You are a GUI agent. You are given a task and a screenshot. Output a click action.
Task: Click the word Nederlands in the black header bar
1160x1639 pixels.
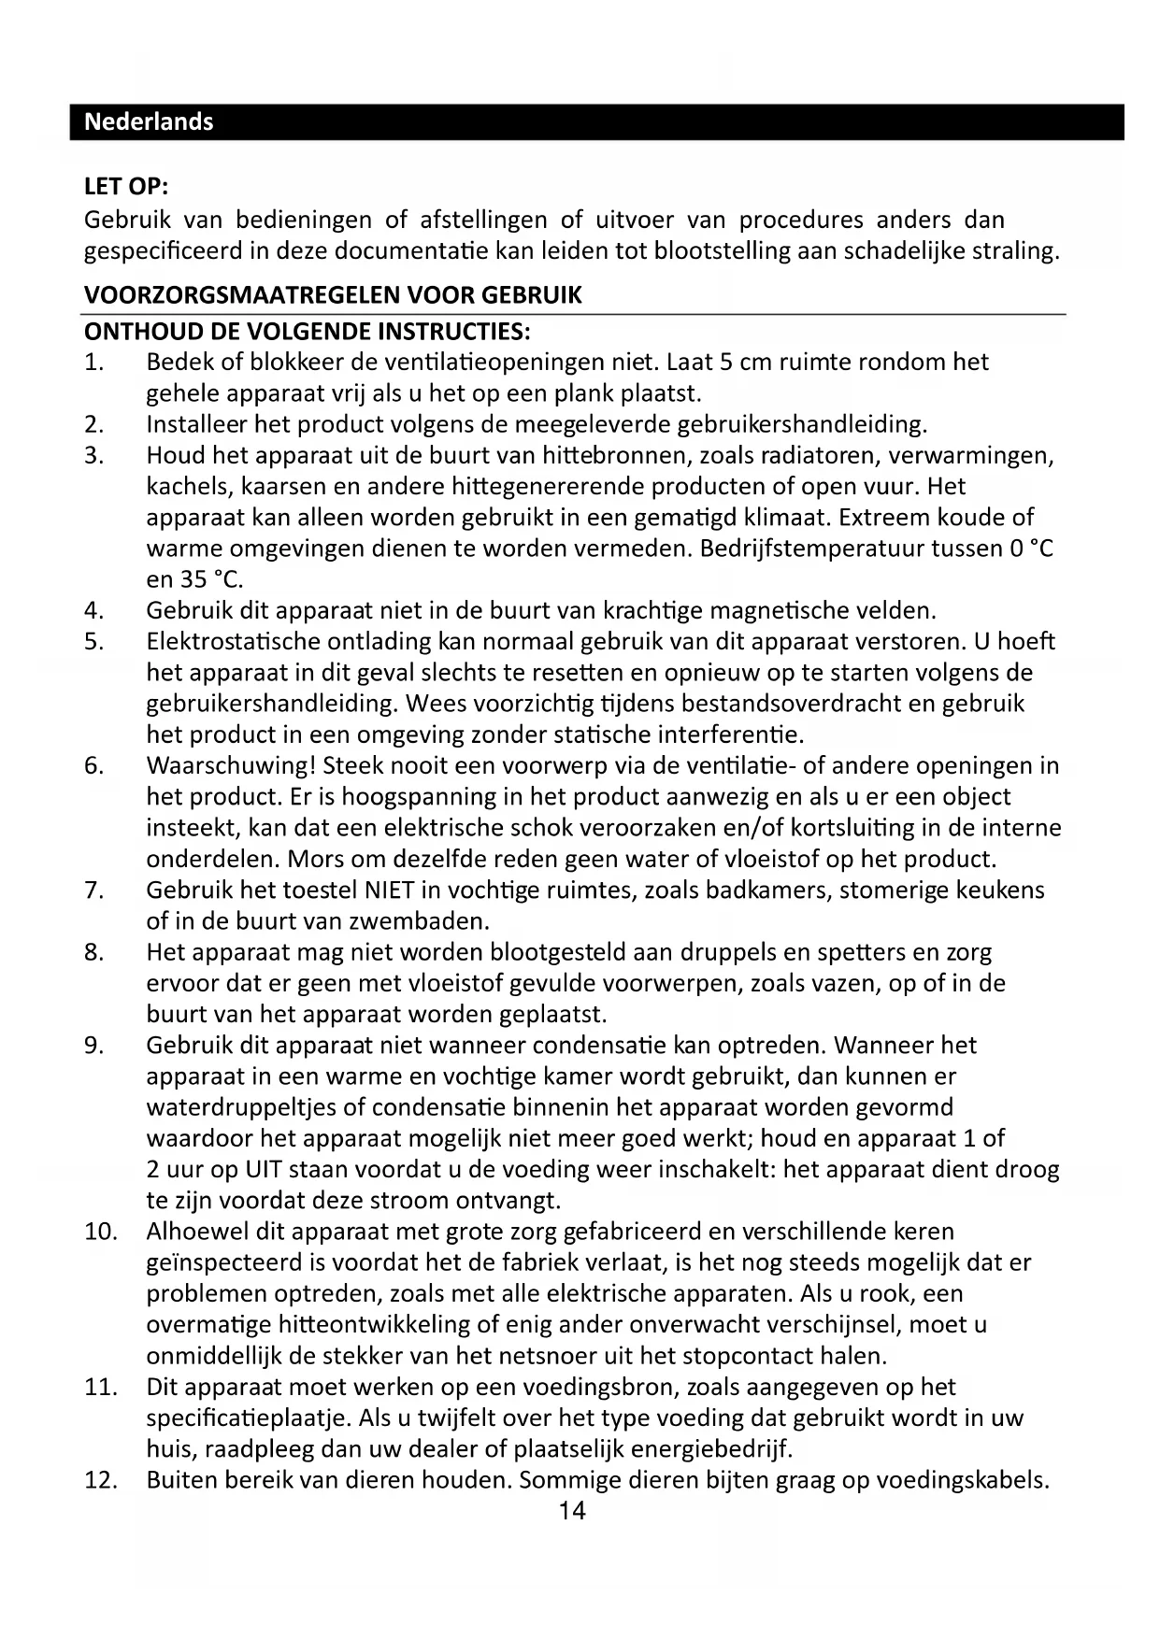click(x=149, y=121)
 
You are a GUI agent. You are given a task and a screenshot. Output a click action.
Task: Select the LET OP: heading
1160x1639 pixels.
click(x=126, y=186)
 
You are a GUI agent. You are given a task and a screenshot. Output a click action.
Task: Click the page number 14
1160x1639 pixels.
click(x=572, y=1511)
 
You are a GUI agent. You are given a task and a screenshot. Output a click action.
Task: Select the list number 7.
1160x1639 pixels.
click(x=93, y=891)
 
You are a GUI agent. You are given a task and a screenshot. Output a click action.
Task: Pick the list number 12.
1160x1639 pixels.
click(x=100, y=1480)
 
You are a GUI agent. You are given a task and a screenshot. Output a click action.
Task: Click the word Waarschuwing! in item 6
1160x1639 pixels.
click(x=232, y=766)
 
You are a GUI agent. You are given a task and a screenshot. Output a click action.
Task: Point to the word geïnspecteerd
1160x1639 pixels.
click(x=224, y=1263)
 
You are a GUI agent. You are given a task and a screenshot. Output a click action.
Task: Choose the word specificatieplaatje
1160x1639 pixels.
click(x=249, y=1418)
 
